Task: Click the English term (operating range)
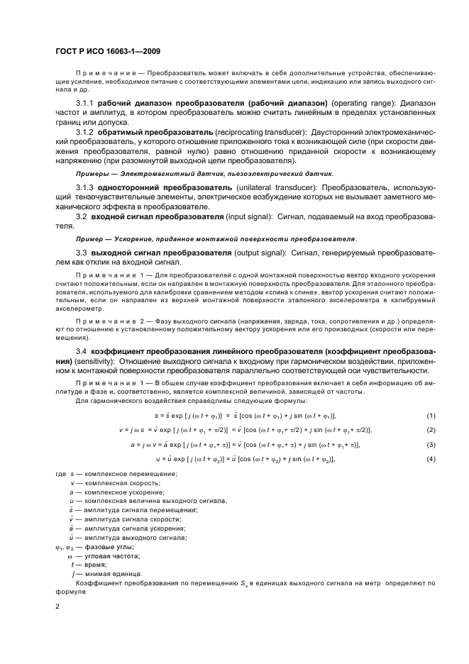coord(355,104)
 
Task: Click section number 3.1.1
coord(85,104)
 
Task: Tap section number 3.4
coord(81,351)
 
